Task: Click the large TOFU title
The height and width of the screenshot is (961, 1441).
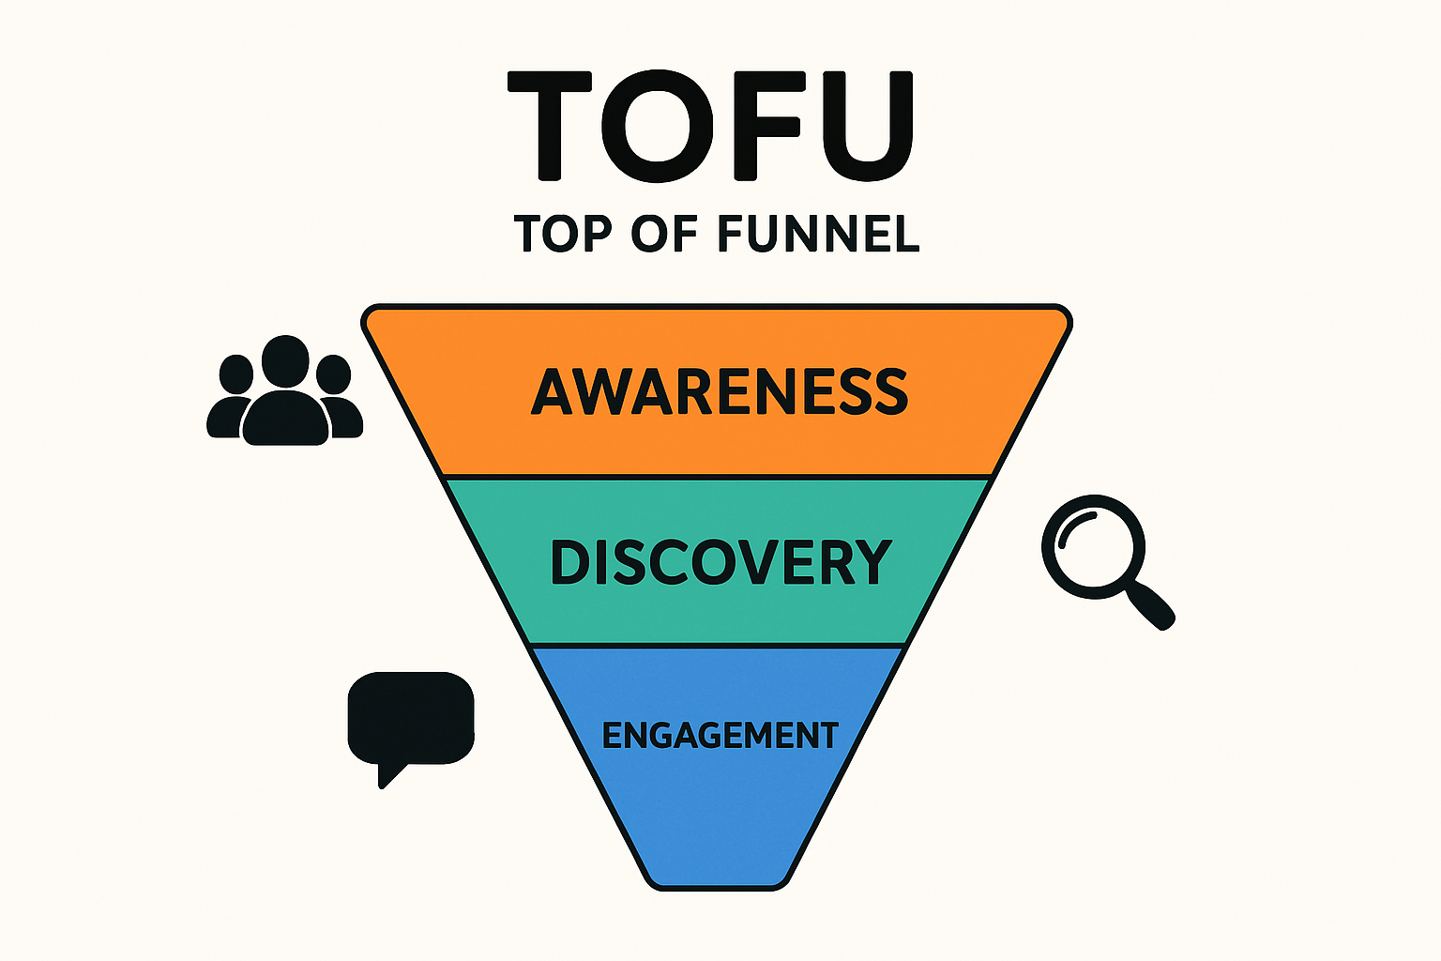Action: [710, 125]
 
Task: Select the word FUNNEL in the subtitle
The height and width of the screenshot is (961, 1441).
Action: [818, 234]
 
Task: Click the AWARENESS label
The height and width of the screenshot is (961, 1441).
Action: [719, 391]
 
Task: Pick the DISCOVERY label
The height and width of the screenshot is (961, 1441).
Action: [720, 562]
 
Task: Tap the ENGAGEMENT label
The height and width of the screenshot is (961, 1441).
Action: [720, 735]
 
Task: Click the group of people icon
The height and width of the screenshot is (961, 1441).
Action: [284, 391]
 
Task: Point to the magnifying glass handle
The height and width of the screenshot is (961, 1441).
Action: [1152, 604]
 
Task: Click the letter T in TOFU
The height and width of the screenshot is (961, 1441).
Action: [550, 125]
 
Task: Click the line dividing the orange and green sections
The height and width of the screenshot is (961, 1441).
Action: [718, 477]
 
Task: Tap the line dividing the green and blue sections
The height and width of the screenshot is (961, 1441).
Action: [718, 646]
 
